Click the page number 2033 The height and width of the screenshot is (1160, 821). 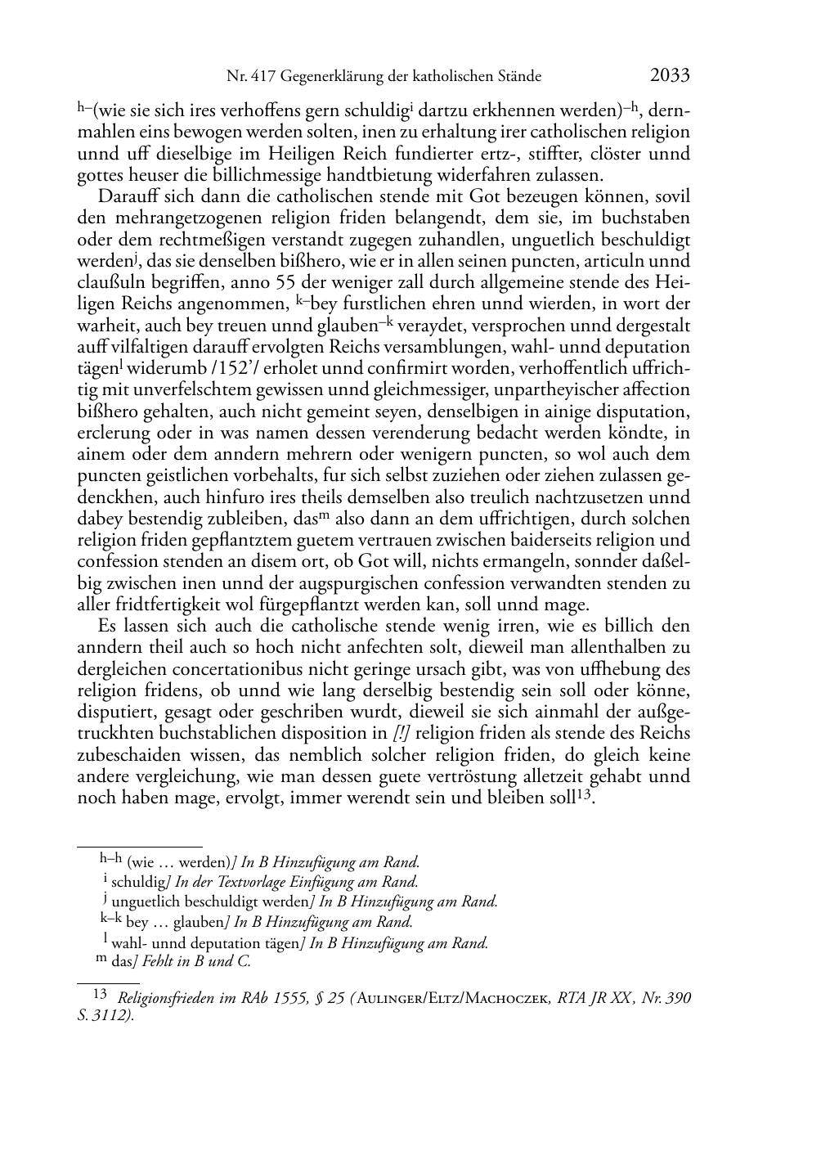pyautogui.click(x=670, y=76)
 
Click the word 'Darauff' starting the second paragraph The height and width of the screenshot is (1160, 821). pyautogui.click(x=123, y=196)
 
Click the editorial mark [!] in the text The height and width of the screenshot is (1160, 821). pyautogui.click(x=400, y=734)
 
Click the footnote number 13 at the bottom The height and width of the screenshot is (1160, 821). pyautogui.click(x=101, y=995)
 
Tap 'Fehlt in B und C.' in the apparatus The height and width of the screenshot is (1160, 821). pyautogui.click(x=196, y=962)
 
